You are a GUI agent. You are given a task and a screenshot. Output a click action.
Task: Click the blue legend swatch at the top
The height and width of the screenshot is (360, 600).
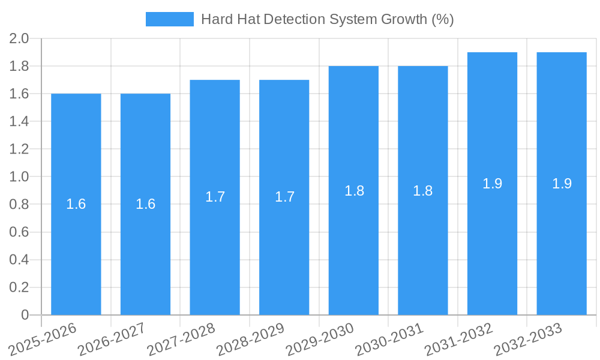(169, 19)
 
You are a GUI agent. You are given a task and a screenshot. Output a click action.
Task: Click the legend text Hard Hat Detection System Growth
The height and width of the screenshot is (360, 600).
(327, 19)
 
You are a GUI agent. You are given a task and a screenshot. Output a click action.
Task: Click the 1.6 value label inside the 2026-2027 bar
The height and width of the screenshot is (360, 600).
(146, 204)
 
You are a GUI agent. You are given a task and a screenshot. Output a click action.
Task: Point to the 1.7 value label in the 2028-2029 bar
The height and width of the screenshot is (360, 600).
(284, 197)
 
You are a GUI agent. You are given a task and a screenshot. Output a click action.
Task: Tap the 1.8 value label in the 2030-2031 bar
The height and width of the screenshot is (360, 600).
(423, 191)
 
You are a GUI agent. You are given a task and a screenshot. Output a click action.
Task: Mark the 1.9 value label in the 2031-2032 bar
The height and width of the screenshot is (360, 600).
(493, 184)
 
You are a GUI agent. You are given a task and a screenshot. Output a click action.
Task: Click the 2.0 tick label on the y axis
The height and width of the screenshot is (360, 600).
(19, 39)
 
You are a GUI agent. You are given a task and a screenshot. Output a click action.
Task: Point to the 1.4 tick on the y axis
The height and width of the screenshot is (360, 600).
(19, 122)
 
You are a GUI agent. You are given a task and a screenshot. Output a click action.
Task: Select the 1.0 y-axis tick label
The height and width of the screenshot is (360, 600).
(19, 177)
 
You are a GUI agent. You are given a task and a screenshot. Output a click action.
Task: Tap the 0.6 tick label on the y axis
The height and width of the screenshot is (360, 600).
(19, 232)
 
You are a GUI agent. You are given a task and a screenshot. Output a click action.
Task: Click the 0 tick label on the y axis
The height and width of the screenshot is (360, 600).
(25, 315)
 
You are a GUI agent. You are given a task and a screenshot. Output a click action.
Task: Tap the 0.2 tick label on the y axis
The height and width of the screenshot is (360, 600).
(19, 287)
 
